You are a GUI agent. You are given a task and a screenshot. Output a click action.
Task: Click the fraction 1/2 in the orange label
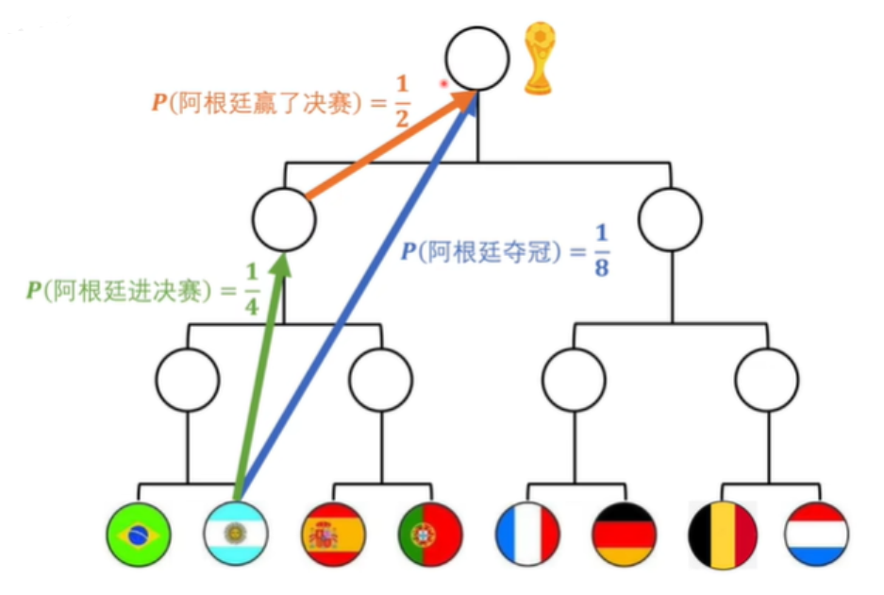[x=402, y=101]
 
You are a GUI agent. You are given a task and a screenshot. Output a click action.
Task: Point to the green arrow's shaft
[x=257, y=378]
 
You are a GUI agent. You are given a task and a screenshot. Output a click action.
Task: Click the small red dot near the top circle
[x=443, y=83]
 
